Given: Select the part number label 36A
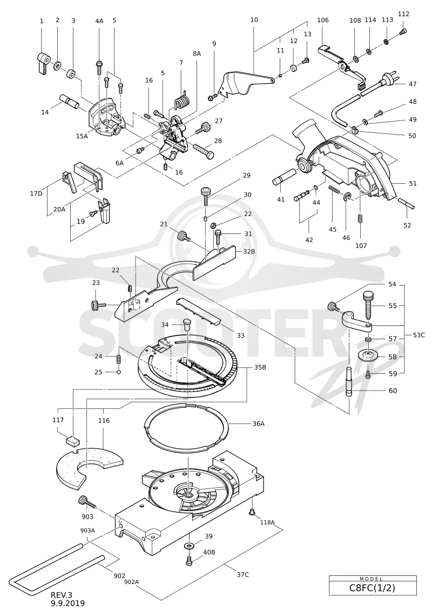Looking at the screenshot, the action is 258,424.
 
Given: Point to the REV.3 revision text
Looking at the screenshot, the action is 62,595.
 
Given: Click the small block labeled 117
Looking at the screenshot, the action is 71,441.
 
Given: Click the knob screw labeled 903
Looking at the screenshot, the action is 87,502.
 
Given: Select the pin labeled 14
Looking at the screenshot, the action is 69,102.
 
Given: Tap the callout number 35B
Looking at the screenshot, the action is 260,367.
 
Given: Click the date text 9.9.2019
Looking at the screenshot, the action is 67,603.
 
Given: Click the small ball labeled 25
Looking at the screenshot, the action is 119,372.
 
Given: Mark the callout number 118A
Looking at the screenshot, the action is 267,522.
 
